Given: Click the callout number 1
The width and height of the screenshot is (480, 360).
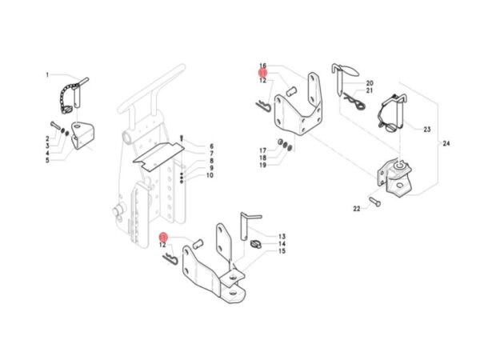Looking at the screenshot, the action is pyautogui.click(x=47, y=74).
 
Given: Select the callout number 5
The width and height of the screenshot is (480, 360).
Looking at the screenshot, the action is pyautogui.click(x=47, y=160).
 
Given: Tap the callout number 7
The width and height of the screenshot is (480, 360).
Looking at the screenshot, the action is pyautogui.click(x=211, y=154).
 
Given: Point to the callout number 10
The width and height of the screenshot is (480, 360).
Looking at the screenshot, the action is pyautogui.click(x=210, y=175).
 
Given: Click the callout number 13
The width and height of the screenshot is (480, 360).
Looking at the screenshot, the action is pyautogui.click(x=282, y=236).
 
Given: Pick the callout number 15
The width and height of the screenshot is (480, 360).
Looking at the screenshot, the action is pyautogui.click(x=282, y=251).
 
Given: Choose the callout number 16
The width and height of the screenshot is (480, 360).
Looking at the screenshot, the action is pyautogui.click(x=263, y=66).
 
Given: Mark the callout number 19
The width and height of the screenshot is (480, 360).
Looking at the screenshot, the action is pyautogui.click(x=263, y=166).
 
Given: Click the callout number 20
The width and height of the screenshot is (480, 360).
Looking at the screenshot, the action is pyautogui.click(x=370, y=83).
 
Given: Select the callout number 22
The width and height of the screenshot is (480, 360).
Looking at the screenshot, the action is pyautogui.click(x=357, y=209).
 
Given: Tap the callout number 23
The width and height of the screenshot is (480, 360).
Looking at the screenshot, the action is pyautogui.click(x=427, y=130).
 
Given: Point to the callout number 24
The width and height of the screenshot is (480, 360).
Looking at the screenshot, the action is pyautogui.click(x=446, y=143).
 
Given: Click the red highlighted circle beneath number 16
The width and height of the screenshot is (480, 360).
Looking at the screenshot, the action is pyautogui.click(x=263, y=73).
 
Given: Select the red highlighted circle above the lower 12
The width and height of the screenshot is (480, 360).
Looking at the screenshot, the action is pyautogui.click(x=163, y=238).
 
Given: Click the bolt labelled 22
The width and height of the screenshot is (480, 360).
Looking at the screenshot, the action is pyautogui.click(x=375, y=202).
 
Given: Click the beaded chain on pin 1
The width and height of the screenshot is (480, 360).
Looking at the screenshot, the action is pyautogui.click(x=66, y=97).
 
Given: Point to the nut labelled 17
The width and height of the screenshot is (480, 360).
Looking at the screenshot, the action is pyautogui.click(x=280, y=142).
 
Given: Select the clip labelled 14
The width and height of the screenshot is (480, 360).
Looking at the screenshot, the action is pyautogui.click(x=256, y=244).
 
